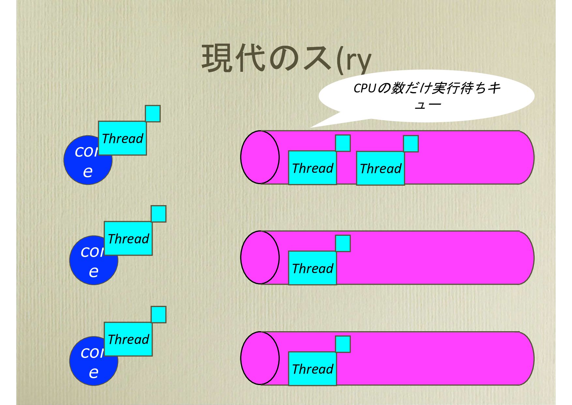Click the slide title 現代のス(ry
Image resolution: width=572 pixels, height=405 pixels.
[286, 59]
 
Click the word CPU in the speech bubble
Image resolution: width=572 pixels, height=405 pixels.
[365, 88]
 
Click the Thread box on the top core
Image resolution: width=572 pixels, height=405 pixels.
[122, 138]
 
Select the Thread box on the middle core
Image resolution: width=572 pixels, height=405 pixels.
[128, 238]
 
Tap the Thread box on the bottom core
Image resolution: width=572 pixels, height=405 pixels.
[128, 339]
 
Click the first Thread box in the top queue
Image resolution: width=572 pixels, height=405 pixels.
[312, 168]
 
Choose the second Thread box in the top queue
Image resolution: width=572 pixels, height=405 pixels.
[380, 168]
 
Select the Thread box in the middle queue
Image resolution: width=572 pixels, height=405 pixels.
[312, 268]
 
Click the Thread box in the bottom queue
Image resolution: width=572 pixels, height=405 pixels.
[312, 369]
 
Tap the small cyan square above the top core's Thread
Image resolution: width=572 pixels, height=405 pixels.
[153, 113]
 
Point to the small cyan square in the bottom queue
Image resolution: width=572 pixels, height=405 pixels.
[343, 344]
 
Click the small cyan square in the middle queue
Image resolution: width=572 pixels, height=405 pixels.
[343, 243]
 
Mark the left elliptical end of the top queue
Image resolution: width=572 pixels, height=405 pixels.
[260, 157]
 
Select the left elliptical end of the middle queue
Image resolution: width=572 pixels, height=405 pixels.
[260, 257]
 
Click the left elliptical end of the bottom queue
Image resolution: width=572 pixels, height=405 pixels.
[260, 358]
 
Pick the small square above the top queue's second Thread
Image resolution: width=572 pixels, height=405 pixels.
[411, 144]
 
